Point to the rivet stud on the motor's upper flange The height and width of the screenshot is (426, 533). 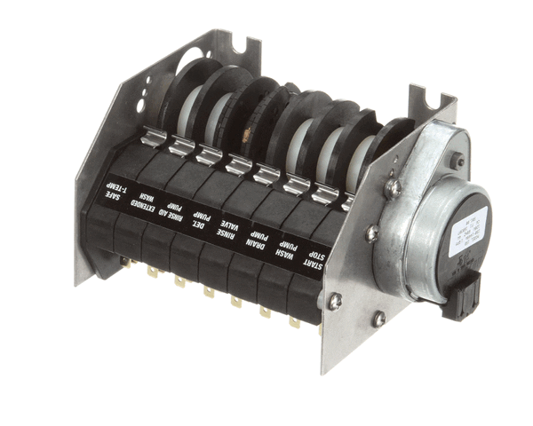click(x=457, y=161)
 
